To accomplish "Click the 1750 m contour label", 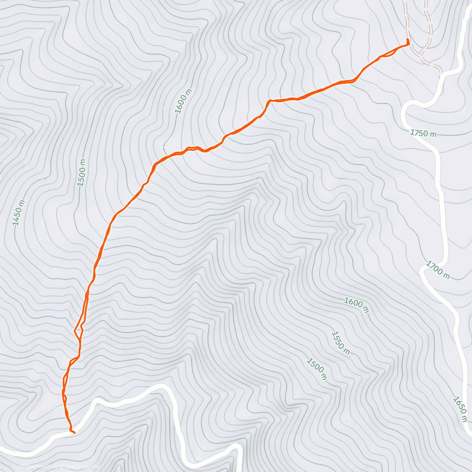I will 423,133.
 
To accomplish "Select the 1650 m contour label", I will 460,409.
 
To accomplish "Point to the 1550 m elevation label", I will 340,343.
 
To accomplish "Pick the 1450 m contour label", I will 18,213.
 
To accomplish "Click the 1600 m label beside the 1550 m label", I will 356,305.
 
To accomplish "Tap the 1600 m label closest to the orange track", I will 184,101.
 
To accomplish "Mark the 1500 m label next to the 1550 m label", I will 317,369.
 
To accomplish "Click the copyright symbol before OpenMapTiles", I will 22,467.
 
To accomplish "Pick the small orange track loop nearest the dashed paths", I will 387,55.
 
